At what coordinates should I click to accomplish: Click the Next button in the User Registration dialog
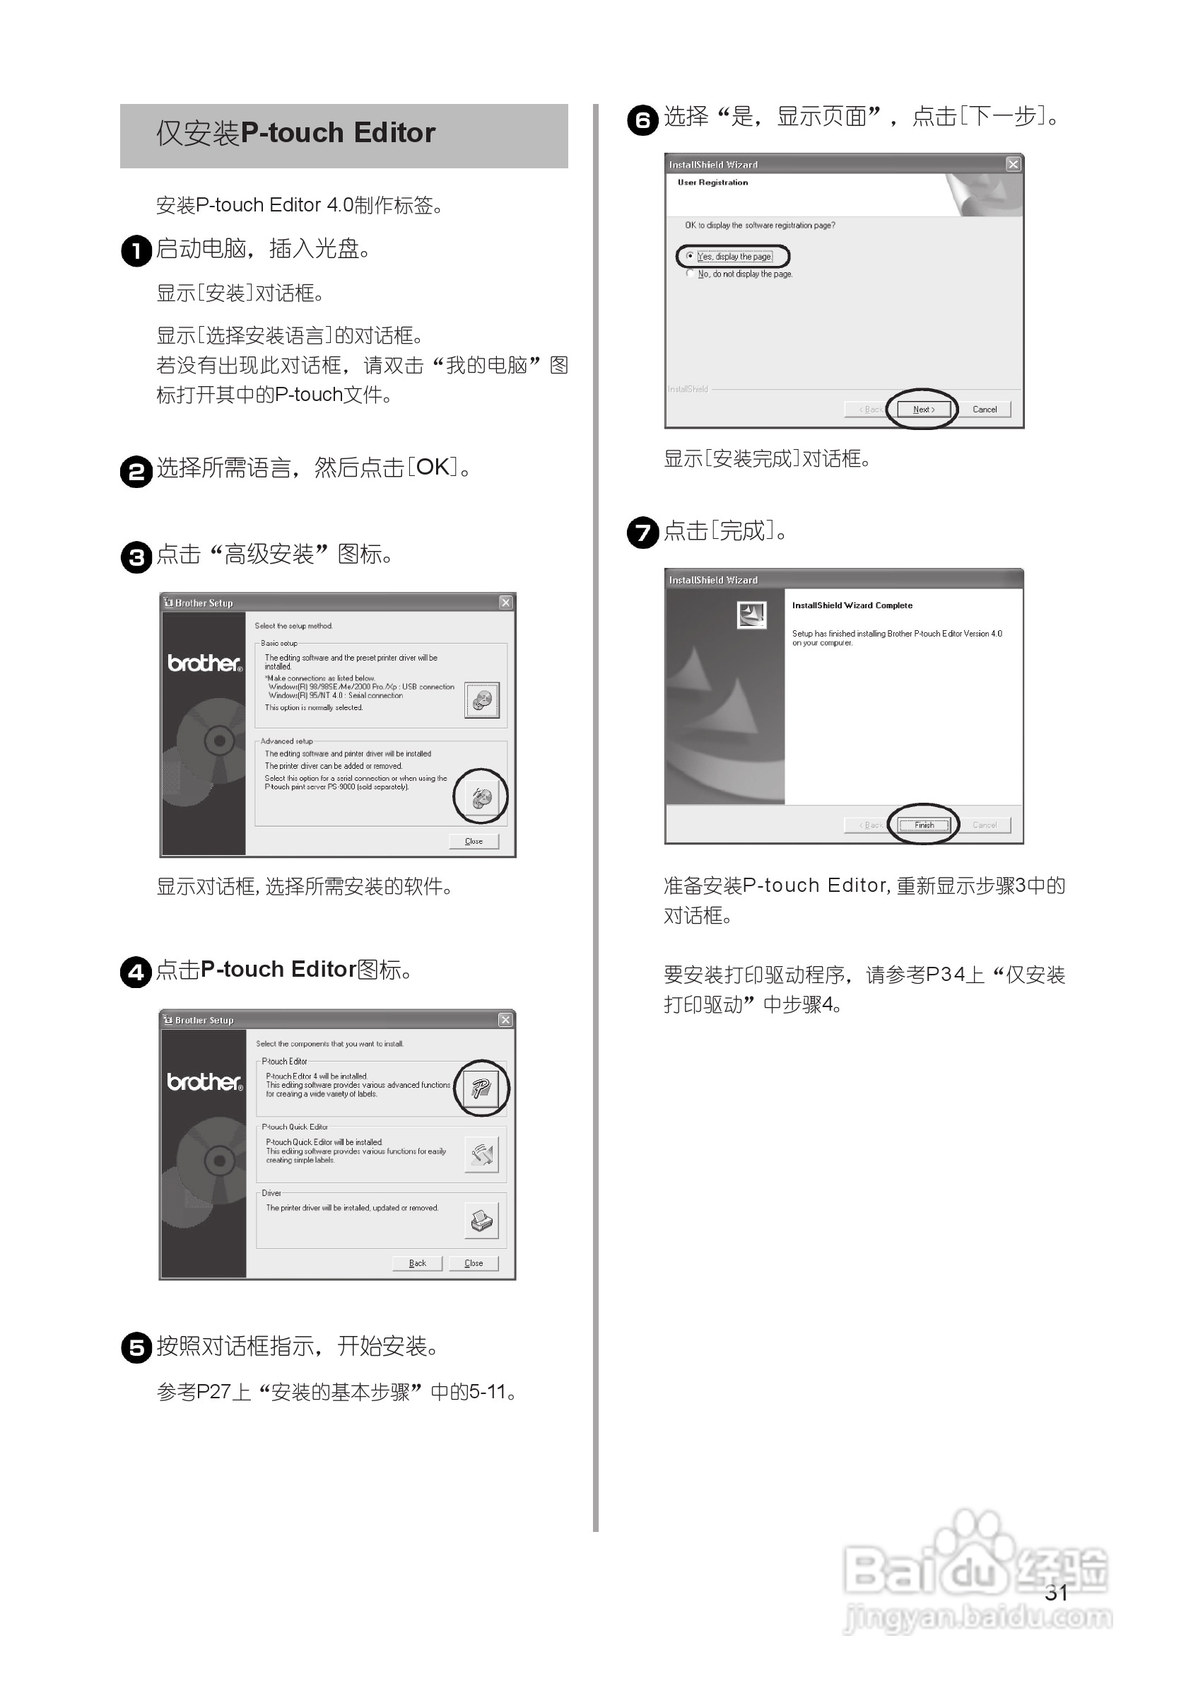click(924, 410)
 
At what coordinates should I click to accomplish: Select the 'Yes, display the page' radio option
click(690, 256)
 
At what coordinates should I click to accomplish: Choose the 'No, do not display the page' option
click(690, 274)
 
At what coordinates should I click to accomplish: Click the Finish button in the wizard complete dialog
click(924, 825)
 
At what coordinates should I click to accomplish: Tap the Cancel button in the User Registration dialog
click(985, 410)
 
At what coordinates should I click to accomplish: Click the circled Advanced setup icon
click(481, 797)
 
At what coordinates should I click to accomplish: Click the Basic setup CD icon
click(481, 700)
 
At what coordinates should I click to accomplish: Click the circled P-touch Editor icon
click(481, 1088)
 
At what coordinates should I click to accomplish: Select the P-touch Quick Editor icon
click(481, 1155)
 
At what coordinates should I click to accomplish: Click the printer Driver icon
click(481, 1221)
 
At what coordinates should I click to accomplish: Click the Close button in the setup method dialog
click(474, 841)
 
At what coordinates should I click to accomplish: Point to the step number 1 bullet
click(136, 251)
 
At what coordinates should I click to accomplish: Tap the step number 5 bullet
click(136, 1348)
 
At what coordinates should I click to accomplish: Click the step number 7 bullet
click(643, 533)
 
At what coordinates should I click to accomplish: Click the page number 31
click(1055, 1592)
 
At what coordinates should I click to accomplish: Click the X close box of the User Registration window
click(1013, 164)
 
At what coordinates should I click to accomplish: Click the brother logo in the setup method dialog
click(204, 663)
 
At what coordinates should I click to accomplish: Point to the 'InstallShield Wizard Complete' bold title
click(852, 605)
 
